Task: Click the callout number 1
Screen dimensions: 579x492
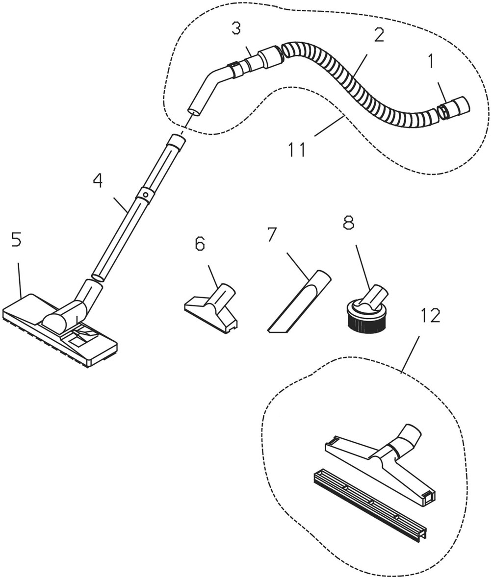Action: [x=431, y=62]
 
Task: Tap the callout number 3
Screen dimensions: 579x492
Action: [x=236, y=29]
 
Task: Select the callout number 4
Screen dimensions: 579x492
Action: [x=98, y=181]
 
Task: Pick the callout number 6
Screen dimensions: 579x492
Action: [x=200, y=244]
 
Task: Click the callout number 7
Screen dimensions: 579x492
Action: [x=272, y=235]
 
